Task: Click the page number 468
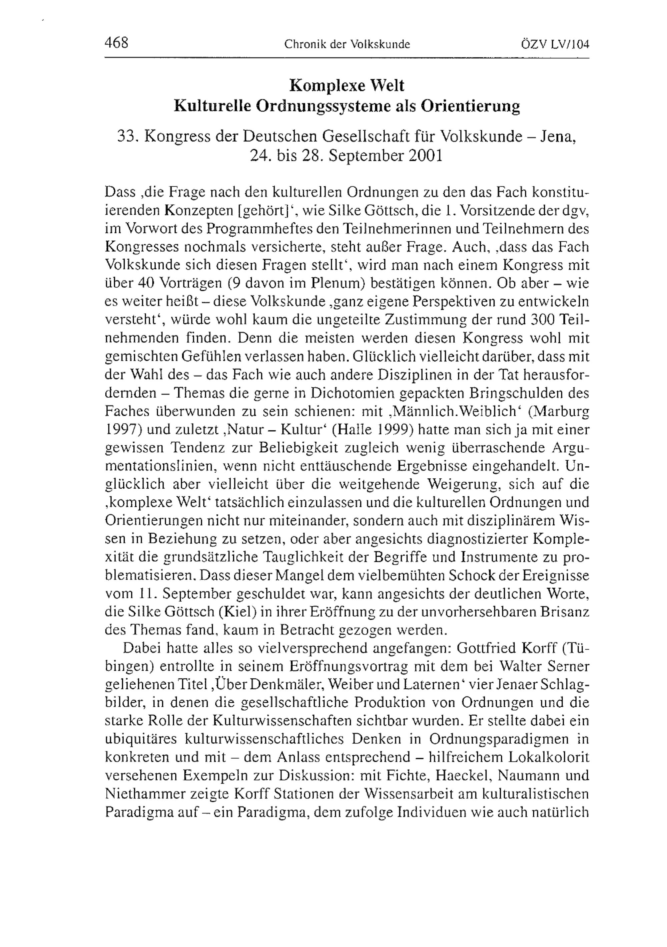[x=117, y=43]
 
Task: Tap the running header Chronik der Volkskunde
[x=347, y=44]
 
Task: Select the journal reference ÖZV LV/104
[x=555, y=44]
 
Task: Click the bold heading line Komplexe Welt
[x=347, y=85]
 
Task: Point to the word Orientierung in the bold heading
[x=470, y=106]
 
